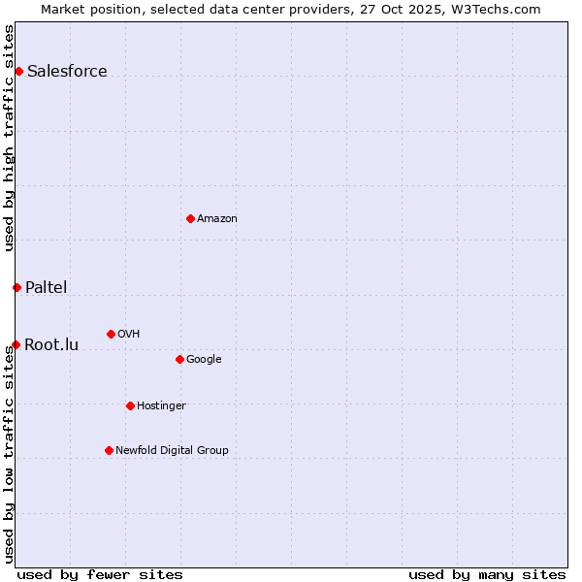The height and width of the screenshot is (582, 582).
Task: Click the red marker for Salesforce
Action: point(18,71)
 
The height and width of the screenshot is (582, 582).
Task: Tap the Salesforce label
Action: point(67,71)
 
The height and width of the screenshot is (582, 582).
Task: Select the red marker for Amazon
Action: point(190,218)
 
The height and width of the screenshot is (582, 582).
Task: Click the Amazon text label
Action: point(216,219)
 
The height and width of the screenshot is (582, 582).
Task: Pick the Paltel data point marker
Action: point(16,287)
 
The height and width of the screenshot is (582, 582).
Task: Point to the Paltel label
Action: point(46,287)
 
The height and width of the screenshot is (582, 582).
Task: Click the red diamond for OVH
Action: point(111,334)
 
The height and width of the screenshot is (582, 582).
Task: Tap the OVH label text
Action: point(128,335)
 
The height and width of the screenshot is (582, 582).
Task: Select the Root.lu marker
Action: point(16,344)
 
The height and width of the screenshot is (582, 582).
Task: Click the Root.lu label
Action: point(51,344)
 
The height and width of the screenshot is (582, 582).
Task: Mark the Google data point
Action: point(179,359)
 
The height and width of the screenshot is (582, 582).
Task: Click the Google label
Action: point(204,360)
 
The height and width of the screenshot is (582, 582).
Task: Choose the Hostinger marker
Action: point(130,405)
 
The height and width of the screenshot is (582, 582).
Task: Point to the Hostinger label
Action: point(161,406)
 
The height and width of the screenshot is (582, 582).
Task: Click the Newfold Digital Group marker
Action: point(109,450)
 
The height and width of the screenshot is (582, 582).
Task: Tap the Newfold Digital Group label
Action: point(172,451)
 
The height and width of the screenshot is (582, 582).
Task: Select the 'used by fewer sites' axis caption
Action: point(100,574)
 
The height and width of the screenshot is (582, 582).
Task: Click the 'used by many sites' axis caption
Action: point(487,574)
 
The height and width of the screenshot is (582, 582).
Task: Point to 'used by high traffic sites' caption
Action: point(9,138)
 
